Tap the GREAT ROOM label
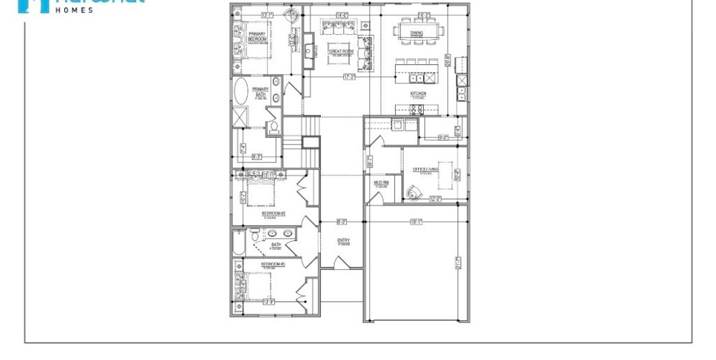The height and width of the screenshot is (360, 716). click(341, 52)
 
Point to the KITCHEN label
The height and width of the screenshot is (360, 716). click(418, 94)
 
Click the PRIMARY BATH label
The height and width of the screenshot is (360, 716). click(260, 91)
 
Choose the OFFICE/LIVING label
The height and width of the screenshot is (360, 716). click(425, 169)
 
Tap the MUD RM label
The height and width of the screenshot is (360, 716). click(381, 183)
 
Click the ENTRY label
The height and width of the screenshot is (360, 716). click(343, 241)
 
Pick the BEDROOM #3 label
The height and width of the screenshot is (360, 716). click(273, 264)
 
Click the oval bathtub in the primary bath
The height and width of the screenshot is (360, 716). click(241, 91)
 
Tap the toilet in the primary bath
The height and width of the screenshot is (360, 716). click(274, 127)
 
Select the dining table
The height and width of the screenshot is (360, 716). click(418, 31)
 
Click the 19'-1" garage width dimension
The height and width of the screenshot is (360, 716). click(416, 222)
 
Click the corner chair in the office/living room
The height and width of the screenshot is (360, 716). click(415, 193)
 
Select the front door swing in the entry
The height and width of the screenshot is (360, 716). click(341, 263)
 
